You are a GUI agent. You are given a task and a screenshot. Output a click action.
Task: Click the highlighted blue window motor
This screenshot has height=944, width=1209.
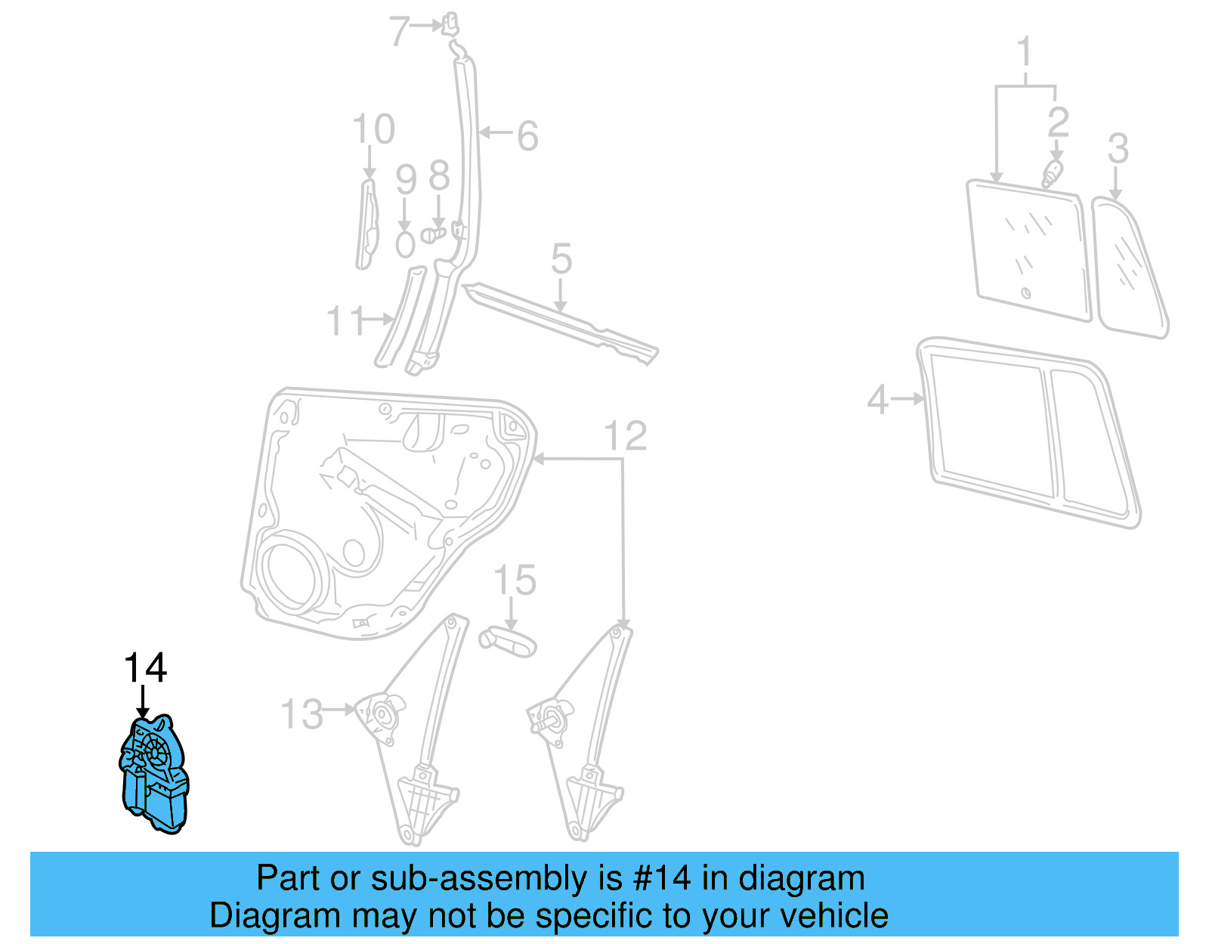(155, 775)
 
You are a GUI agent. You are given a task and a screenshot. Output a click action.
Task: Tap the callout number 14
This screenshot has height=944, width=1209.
(144, 668)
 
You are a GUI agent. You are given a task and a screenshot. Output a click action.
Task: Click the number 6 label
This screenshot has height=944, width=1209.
(527, 136)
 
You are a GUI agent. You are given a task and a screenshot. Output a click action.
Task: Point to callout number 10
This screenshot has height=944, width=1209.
(373, 129)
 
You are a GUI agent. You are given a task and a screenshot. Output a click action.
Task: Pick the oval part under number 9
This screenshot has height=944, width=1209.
(406, 245)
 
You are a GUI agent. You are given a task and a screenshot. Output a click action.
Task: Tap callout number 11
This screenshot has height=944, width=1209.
(345, 320)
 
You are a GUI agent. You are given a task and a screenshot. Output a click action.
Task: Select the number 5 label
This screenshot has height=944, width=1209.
(561, 259)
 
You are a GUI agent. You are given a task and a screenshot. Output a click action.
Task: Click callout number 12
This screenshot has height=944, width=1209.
(626, 436)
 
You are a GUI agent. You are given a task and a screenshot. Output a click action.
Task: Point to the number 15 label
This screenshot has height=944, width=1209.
(515, 580)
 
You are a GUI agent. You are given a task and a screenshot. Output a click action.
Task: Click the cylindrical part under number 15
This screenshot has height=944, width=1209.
(508, 642)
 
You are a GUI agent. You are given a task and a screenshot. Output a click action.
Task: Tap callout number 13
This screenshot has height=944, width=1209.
(301, 714)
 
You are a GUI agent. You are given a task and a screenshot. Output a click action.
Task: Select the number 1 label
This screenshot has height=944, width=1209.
(1024, 52)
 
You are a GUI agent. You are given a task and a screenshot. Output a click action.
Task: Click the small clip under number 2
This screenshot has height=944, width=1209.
(1051, 175)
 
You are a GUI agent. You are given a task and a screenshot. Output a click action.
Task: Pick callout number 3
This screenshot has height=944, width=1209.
(1118, 148)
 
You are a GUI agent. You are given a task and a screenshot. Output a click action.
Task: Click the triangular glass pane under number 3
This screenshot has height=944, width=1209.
(1130, 268)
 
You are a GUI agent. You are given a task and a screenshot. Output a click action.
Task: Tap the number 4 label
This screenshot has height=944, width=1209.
(877, 398)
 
